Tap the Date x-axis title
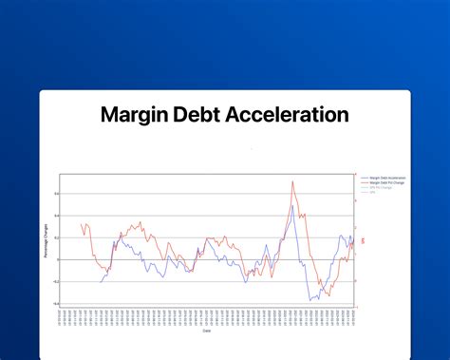[206, 332]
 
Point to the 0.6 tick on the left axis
[56, 194]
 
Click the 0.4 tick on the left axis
[56, 216]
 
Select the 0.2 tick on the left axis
[56, 237]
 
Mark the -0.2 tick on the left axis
[55, 281]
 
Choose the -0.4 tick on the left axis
[55, 303]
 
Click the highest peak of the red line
[291, 182]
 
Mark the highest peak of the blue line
[288, 205]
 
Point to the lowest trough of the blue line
[310, 300]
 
